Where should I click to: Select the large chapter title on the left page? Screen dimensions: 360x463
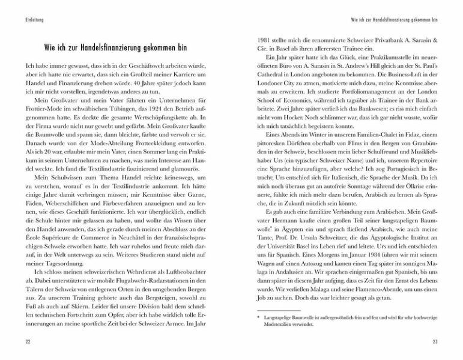pyautogui.click(x=117, y=46)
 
